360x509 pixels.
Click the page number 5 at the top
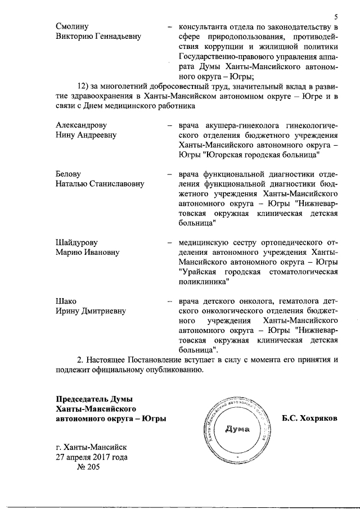click(335, 16)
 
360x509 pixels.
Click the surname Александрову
click(82, 125)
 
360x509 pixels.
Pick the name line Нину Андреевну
click(86, 135)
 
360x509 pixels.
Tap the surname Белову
click(69, 174)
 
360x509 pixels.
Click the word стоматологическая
click(299, 272)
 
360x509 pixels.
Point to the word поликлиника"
click(204, 281)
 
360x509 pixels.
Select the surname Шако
click(66, 301)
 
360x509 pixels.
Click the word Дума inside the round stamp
click(237, 430)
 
